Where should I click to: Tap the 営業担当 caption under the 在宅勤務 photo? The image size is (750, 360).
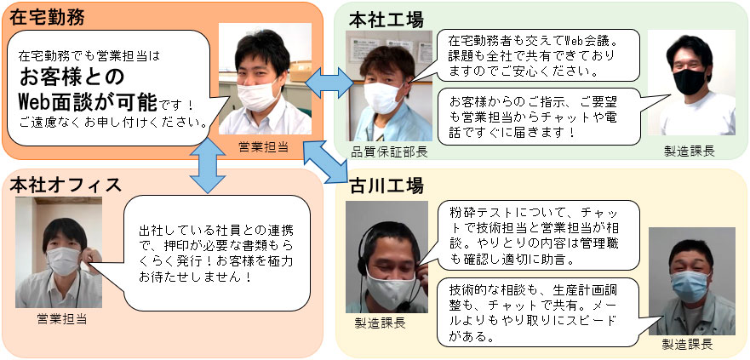point(264,146)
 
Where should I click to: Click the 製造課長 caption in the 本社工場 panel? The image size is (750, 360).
point(690,152)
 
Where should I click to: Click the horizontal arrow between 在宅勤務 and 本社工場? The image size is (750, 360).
point(328,82)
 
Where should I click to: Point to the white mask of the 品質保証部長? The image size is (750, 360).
point(385,97)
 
